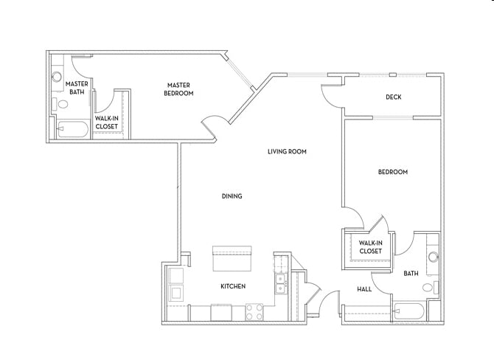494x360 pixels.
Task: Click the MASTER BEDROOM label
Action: coord(179,89)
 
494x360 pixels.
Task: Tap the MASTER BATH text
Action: coord(77,88)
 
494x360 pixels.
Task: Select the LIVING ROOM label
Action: coord(287,151)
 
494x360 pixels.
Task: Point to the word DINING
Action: coord(232,196)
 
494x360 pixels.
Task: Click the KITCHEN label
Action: coord(233,286)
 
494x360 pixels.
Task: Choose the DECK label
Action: coord(393,97)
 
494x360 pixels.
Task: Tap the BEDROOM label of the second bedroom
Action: coord(392,172)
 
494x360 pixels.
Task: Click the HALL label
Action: coord(364,289)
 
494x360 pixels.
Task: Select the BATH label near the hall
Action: coord(411,274)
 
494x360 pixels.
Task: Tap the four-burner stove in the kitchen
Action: coord(254,312)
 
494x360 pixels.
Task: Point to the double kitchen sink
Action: coord(280,284)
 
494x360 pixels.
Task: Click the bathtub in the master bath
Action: coord(73,130)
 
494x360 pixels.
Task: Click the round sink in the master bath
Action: coord(57,77)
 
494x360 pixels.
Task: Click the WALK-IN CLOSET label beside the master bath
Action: coord(106,122)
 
